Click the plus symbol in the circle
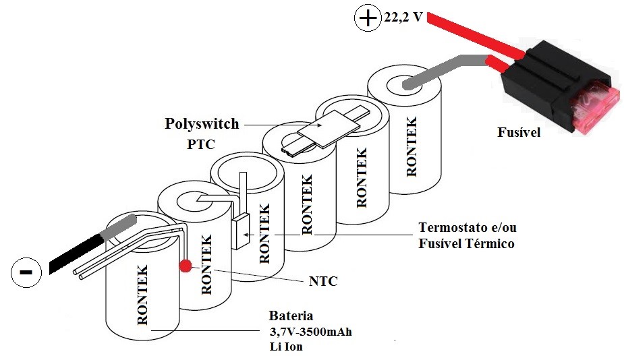[368, 18]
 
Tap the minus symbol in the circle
[26, 272]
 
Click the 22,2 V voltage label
[403, 17]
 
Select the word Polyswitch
[202, 123]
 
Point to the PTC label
[201, 144]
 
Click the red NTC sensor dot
[185, 266]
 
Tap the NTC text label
[323, 281]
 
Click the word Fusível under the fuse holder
[519, 132]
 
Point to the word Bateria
[291, 316]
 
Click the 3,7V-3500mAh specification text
[311, 332]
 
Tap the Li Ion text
[286, 347]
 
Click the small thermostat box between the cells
[240, 231]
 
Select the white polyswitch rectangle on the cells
[329, 128]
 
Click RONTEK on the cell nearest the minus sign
[142, 295]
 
